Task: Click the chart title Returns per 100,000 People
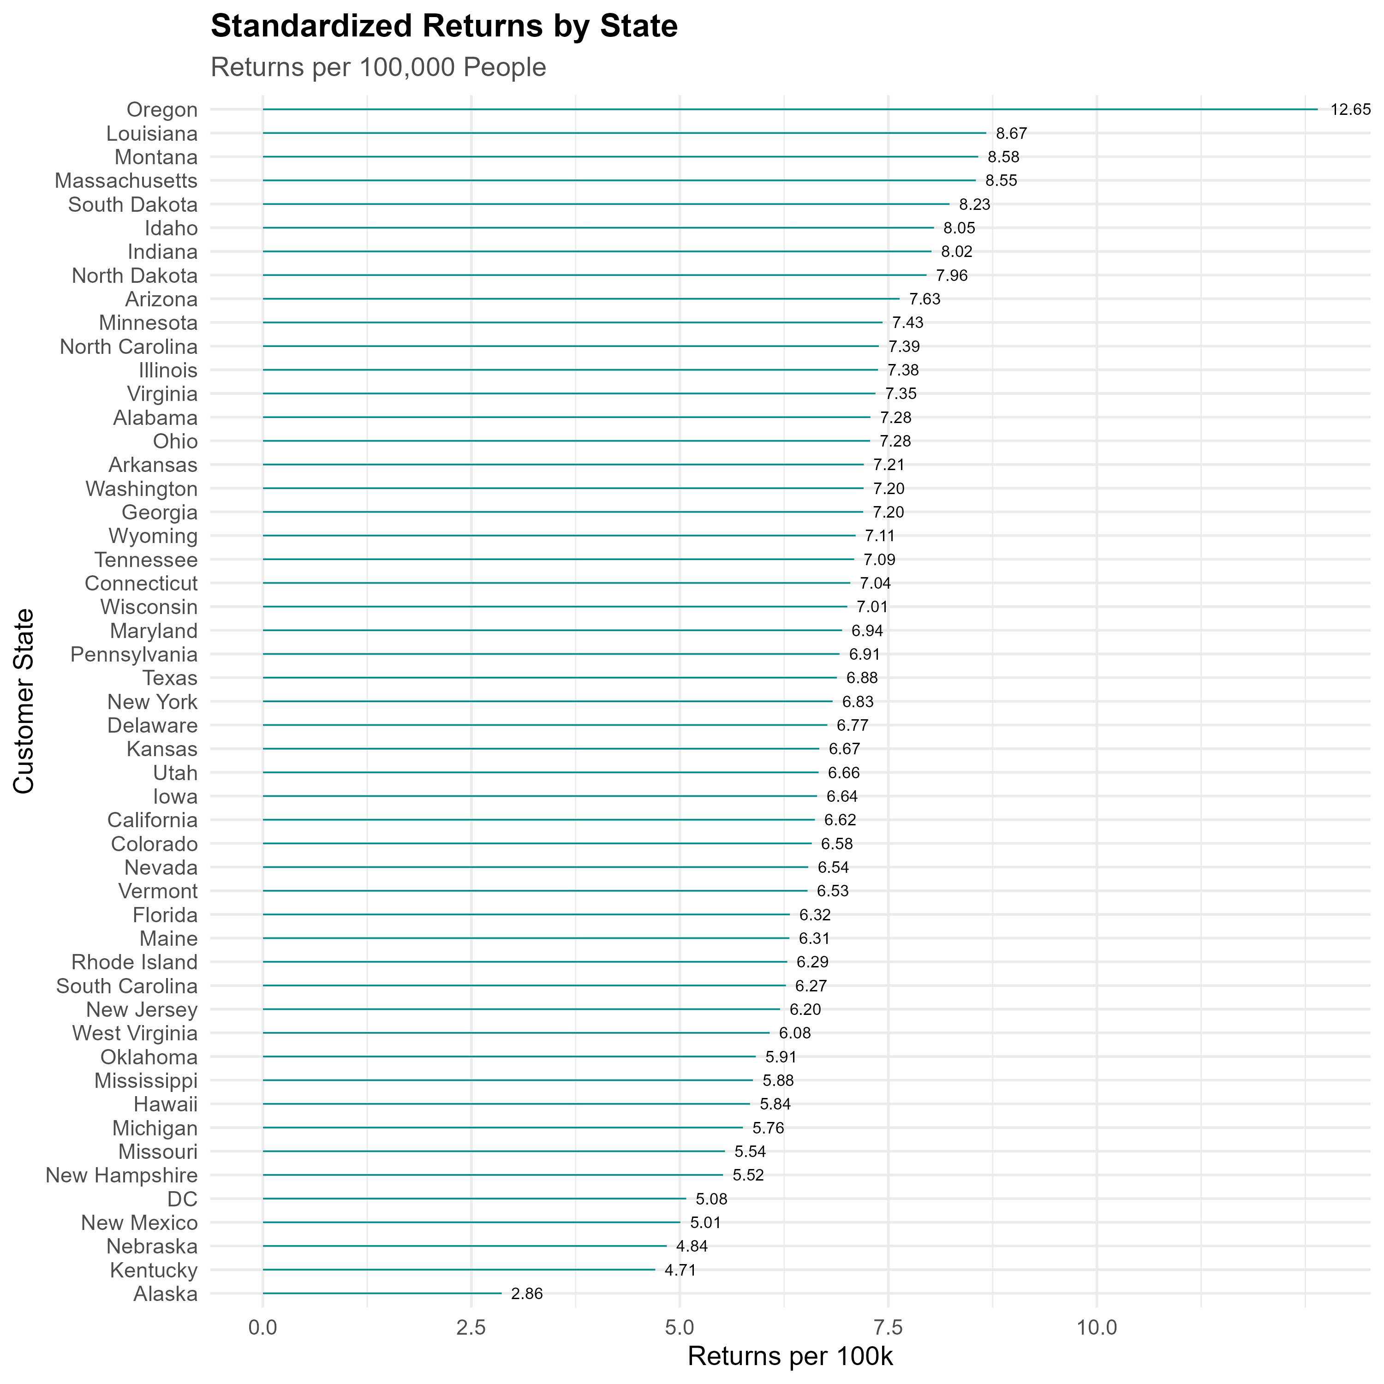[x=378, y=67]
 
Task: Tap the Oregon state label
[x=162, y=110]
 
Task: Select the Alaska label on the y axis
[x=166, y=1294]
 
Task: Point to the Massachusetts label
[x=126, y=180]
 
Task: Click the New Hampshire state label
[x=122, y=1175]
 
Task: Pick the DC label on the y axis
[x=182, y=1199]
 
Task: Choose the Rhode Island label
[x=135, y=962]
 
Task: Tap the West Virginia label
[x=135, y=1033]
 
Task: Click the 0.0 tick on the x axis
[x=263, y=1327]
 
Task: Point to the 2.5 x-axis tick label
[x=471, y=1327]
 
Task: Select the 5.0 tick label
[x=680, y=1327]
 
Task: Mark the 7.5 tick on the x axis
[x=888, y=1327]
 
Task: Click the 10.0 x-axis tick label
[x=1097, y=1327]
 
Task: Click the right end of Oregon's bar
[x=1318, y=110]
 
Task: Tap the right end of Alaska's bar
[x=501, y=1294]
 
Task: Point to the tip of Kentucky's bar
[x=655, y=1270]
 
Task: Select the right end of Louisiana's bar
[x=986, y=133]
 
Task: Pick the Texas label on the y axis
[x=170, y=678]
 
